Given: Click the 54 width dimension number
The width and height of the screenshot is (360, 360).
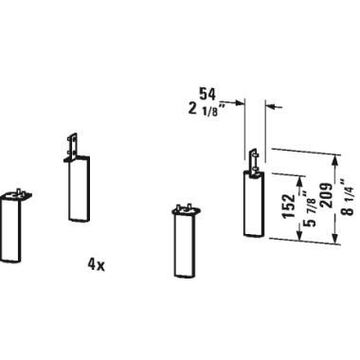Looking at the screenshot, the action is [207, 94].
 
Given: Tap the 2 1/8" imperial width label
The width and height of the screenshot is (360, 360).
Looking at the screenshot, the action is [207, 111].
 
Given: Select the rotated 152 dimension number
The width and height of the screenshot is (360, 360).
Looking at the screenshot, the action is [289, 207].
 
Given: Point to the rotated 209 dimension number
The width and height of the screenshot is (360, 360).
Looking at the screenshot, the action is [325, 195].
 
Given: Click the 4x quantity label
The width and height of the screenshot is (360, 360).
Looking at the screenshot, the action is [96, 265].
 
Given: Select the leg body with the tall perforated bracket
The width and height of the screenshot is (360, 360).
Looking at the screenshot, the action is [79, 189].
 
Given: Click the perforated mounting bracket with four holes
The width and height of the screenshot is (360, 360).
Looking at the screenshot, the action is [73, 147].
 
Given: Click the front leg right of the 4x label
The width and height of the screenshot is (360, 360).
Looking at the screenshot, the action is [187, 242].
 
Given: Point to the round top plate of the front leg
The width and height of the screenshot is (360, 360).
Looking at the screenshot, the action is [187, 210].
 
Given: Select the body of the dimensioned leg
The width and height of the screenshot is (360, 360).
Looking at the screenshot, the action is [254, 204].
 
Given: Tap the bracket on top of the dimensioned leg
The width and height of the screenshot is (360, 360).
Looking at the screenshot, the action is [255, 161].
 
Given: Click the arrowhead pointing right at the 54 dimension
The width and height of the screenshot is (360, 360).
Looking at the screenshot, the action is [242, 102].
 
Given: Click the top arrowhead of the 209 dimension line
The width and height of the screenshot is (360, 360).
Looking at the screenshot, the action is [335, 159].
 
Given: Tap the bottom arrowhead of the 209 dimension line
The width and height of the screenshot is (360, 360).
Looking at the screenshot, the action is [335, 239].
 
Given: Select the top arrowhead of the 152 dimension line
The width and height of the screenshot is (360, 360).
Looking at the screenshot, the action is [299, 179].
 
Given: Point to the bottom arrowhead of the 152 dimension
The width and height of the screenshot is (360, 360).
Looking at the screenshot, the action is [298, 234].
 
